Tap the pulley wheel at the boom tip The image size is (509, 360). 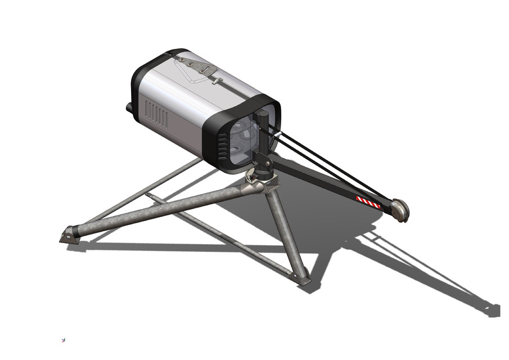400,210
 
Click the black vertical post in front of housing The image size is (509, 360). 263,135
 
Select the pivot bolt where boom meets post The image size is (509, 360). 264,164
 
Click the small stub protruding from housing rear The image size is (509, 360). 129,107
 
